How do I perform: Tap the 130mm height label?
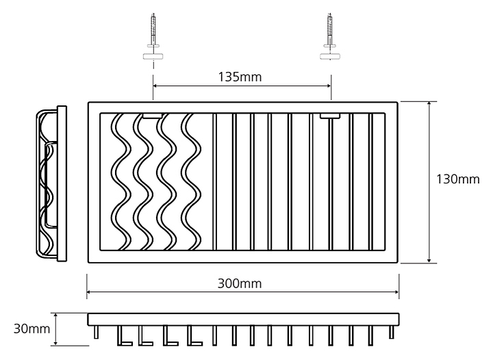[458, 180]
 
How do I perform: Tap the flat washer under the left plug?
[153, 55]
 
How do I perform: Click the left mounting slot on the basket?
[153, 116]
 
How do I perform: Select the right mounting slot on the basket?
[331, 116]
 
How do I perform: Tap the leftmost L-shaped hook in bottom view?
[123, 335]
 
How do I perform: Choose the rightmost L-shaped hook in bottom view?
[194, 335]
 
